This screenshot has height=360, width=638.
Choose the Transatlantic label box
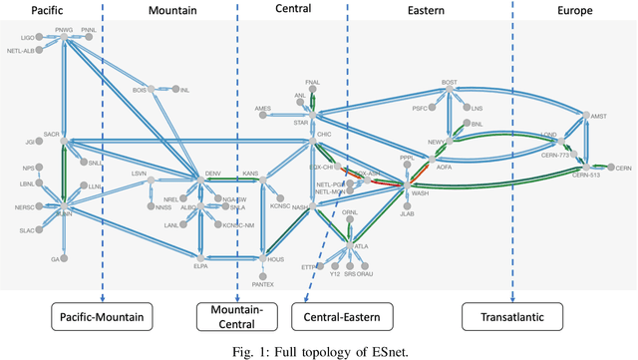point(512,318)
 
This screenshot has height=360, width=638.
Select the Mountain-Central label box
point(234,318)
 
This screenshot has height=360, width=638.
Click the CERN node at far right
point(623,168)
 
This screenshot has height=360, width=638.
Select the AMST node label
point(598,117)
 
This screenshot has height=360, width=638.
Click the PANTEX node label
point(262,284)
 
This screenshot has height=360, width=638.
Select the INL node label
point(184,89)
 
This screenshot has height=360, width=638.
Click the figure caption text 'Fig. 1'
point(245,349)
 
